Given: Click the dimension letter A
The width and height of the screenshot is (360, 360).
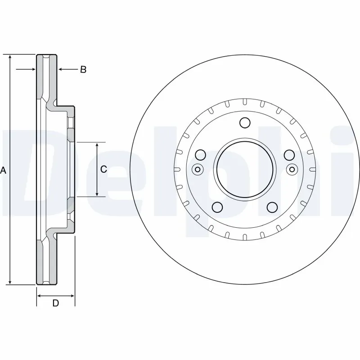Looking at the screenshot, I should [x=4, y=170].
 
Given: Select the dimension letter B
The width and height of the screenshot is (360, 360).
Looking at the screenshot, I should [x=83, y=70].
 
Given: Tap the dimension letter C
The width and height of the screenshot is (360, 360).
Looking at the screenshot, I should [x=103, y=169].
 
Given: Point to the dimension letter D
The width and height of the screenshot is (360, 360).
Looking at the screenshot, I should [x=55, y=303].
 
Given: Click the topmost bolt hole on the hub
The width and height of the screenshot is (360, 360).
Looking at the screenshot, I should [x=245, y=122].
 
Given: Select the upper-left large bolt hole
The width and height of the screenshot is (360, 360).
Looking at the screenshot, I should [x=201, y=155].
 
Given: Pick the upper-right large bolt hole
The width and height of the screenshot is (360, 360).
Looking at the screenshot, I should [x=289, y=155].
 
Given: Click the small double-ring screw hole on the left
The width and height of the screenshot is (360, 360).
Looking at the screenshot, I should [x=197, y=170].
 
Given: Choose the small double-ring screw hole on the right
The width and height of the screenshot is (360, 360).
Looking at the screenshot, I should [x=292, y=170].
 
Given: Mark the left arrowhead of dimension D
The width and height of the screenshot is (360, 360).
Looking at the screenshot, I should [x=39, y=296].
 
